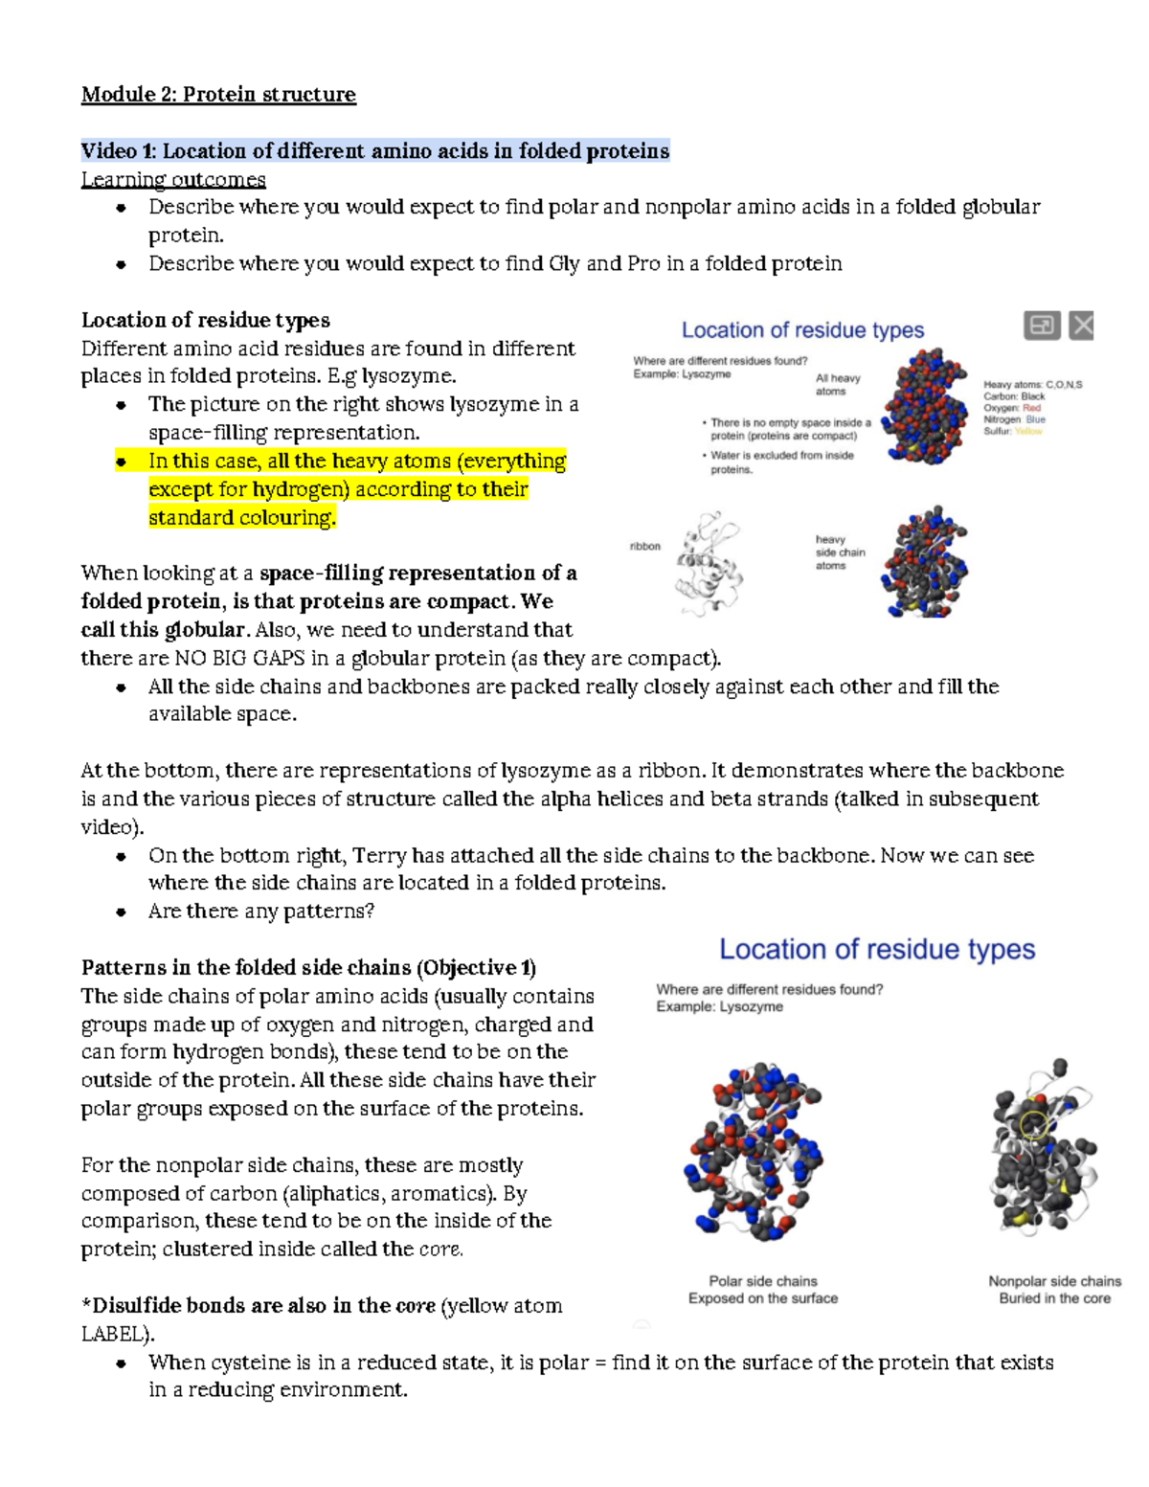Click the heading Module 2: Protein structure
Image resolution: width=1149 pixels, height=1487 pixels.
[x=218, y=94]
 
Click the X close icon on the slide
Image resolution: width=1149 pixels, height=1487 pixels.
[x=1081, y=326]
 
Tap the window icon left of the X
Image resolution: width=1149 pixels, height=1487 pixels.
[x=1041, y=326]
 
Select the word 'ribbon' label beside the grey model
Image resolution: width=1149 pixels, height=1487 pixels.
[x=644, y=546]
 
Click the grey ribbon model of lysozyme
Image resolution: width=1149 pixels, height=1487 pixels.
[x=708, y=565]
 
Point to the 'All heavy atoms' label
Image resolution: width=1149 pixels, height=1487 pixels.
[x=837, y=384]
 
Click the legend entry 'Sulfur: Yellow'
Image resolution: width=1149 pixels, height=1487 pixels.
[x=1012, y=431]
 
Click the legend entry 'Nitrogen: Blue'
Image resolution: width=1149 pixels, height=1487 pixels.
[x=1014, y=419]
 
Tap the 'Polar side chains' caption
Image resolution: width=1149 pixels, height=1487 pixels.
[x=762, y=1281]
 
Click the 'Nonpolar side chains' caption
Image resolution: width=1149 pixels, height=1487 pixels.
[x=1054, y=1281]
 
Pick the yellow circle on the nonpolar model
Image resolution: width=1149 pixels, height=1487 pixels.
[x=1034, y=1125]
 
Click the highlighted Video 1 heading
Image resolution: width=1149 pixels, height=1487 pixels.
[x=374, y=151]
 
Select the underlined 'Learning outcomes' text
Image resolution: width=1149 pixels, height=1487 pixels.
[x=173, y=179]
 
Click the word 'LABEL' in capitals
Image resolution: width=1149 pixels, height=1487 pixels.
[x=114, y=1334]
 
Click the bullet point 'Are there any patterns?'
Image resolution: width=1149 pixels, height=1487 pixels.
[x=260, y=911]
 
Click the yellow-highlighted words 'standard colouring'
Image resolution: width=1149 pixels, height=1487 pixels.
[x=241, y=517]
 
